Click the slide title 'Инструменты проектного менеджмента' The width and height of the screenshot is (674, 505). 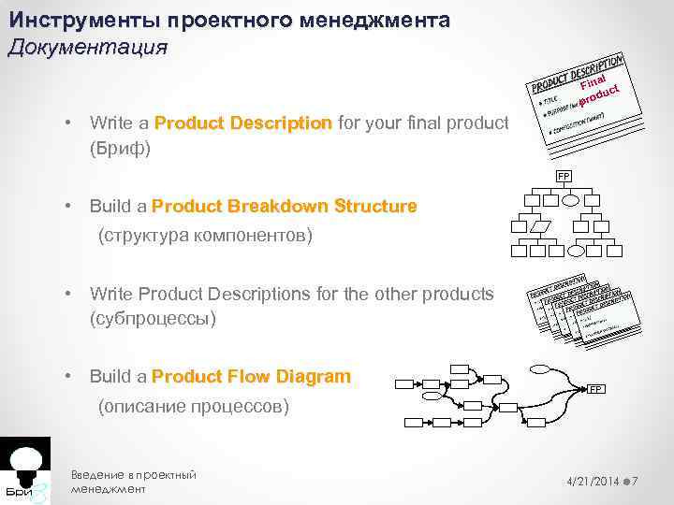229,20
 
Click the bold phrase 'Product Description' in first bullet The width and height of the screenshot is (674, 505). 243,123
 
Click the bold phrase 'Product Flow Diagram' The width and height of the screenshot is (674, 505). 251,377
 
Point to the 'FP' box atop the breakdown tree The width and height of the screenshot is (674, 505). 564,176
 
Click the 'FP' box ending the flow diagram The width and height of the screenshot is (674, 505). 595,389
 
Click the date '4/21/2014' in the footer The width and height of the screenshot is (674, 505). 593,481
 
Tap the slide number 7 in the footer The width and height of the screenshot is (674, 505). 636,481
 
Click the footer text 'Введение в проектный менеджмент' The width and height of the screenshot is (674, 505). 133,482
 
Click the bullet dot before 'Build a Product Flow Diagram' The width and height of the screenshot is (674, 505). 69,377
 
